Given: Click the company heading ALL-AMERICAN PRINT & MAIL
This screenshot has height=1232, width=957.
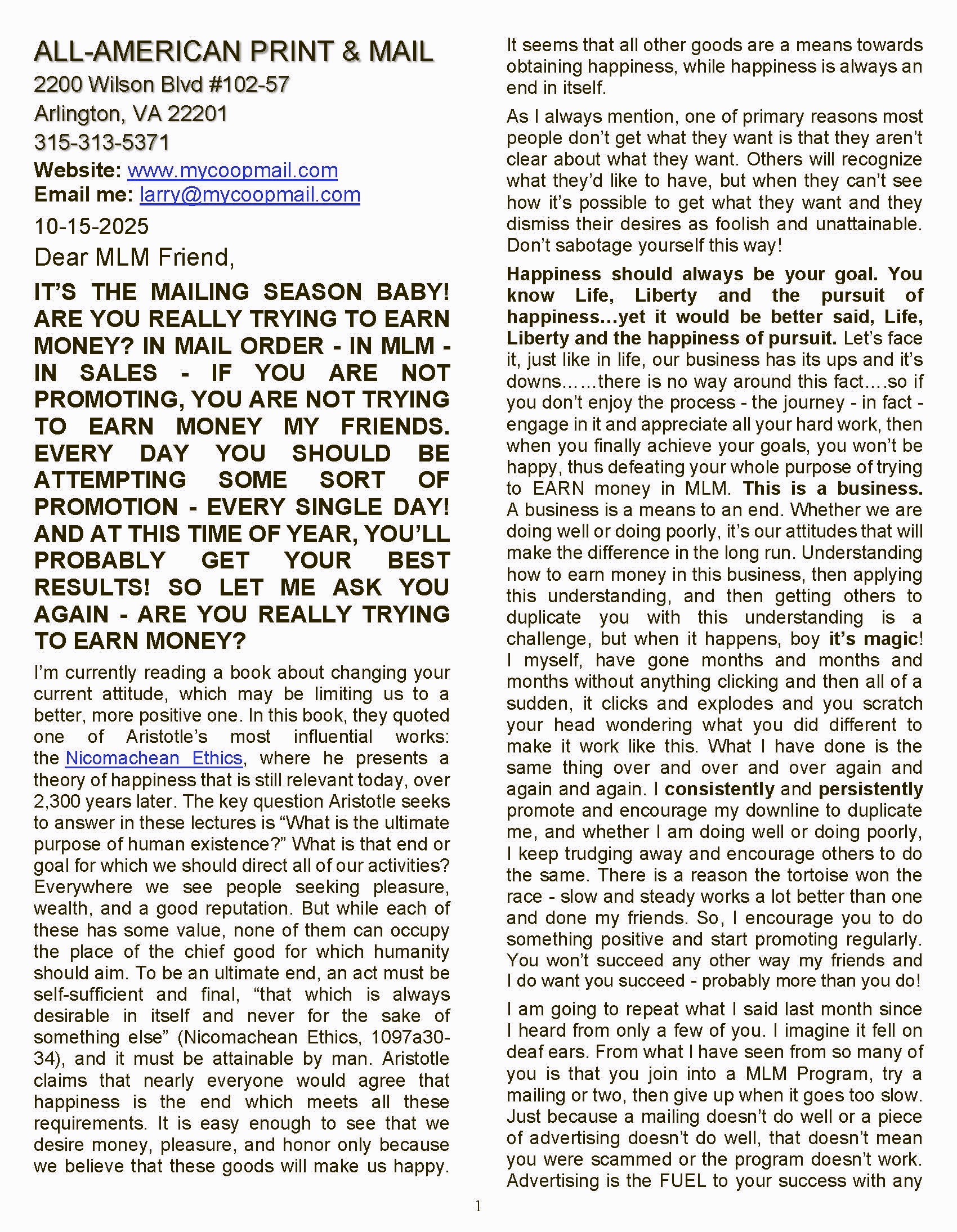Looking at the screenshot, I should pyautogui.click(x=233, y=52).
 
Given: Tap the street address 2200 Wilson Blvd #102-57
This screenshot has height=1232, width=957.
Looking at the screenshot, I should pyautogui.click(x=162, y=84).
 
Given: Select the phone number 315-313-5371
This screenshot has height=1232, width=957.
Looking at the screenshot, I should pyautogui.click(x=101, y=142).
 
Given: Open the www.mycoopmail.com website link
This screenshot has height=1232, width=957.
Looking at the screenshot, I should pyautogui.click(x=232, y=171).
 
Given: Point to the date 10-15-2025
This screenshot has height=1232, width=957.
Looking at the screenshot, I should pyautogui.click(x=91, y=226).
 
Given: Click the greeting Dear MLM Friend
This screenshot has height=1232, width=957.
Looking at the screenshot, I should pyautogui.click(x=134, y=257).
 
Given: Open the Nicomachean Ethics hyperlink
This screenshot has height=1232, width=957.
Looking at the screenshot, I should pyautogui.click(x=154, y=758).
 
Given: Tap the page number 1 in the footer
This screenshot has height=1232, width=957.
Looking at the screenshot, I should pyautogui.click(x=479, y=1207).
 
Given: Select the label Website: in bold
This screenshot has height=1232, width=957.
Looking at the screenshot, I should pyautogui.click(x=77, y=171).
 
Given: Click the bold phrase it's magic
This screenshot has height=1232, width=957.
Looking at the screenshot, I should pyautogui.click(x=873, y=639).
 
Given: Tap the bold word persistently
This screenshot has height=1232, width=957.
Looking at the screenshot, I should pyautogui.click(x=870, y=789).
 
